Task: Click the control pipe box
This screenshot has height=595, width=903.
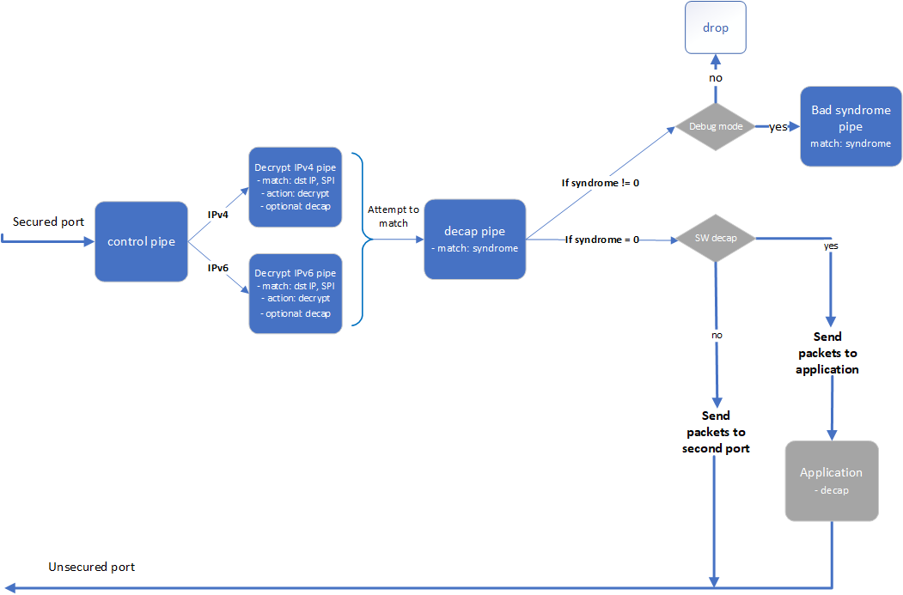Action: pyautogui.click(x=141, y=241)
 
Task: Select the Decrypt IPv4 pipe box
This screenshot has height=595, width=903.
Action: pyautogui.click(x=295, y=186)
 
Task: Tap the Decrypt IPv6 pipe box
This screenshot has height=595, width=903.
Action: pyautogui.click(x=295, y=294)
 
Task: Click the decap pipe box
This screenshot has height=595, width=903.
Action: pyautogui.click(x=474, y=240)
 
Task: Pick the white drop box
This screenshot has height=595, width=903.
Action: pyautogui.click(x=715, y=28)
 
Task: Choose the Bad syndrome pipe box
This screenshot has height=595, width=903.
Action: pyautogui.click(x=851, y=126)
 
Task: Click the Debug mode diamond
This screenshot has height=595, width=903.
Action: pyautogui.click(x=715, y=127)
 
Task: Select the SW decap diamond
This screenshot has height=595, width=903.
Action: pyautogui.click(x=715, y=239)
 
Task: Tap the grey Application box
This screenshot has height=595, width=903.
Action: pyautogui.click(x=831, y=481)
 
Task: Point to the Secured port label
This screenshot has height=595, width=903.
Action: pyautogui.click(x=48, y=222)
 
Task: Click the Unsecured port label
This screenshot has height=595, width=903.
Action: pyautogui.click(x=91, y=568)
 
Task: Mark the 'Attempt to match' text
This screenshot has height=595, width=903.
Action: pyautogui.click(x=394, y=216)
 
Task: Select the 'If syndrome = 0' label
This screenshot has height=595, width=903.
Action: pyautogui.click(x=601, y=240)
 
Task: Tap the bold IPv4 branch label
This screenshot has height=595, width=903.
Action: pyautogui.click(x=218, y=214)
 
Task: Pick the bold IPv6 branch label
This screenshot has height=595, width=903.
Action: pyautogui.click(x=218, y=268)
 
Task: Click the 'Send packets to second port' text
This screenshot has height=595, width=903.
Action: pyautogui.click(x=715, y=432)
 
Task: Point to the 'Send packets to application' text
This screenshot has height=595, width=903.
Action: pyautogui.click(x=827, y=353)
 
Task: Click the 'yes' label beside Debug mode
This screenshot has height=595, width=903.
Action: pyautogui.click(x=778, y=127)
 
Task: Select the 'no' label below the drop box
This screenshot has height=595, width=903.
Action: pyautogui.click(x=715, y=78)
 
